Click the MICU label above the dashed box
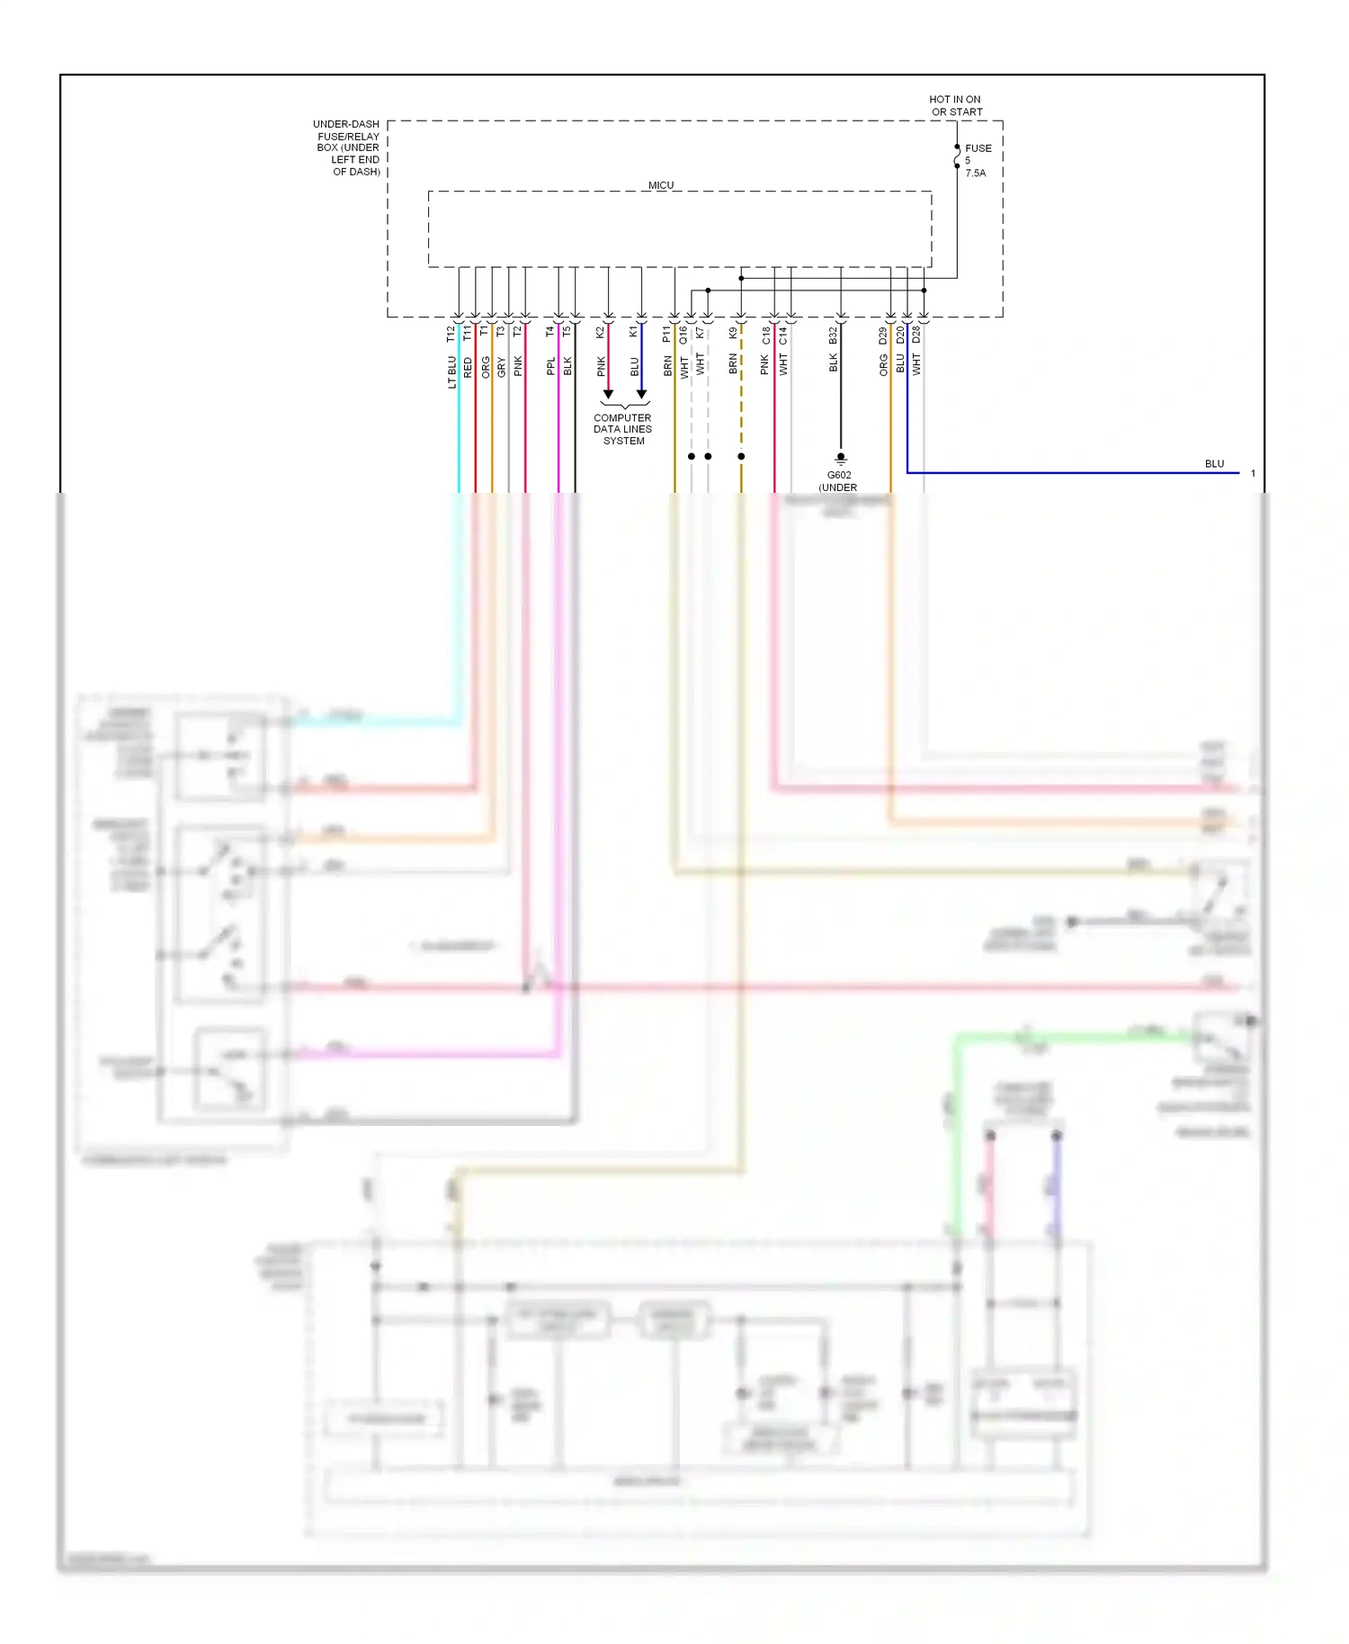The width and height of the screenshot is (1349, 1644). [661, 185]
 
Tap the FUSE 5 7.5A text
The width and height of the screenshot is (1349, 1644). [978, 160]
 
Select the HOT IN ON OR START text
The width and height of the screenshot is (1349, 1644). [955, 106]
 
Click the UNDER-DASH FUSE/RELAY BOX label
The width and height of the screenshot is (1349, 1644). [347, 147]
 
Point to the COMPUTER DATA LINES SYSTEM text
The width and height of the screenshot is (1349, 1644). [622, 429]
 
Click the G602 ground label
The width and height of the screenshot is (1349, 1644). [838, 475]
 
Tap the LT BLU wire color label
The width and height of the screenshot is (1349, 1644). [451, 372]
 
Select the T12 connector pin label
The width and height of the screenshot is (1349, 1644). [451, 335]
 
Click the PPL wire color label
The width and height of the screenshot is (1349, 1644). [550, 367]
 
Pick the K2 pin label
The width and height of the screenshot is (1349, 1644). [600, 333]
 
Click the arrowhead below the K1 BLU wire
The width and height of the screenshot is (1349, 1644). [641, 394]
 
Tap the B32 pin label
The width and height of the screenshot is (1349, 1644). [833, 335]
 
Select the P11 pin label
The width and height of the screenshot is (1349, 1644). [666, 335]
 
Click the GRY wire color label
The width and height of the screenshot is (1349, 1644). [501, 367]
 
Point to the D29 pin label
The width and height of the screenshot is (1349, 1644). [883, 335]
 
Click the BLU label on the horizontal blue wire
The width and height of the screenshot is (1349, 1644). [1214, 464]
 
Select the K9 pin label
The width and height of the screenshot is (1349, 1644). [733, 333]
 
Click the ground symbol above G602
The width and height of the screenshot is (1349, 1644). [841, 458]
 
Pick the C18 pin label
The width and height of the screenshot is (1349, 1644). [766, 335]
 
